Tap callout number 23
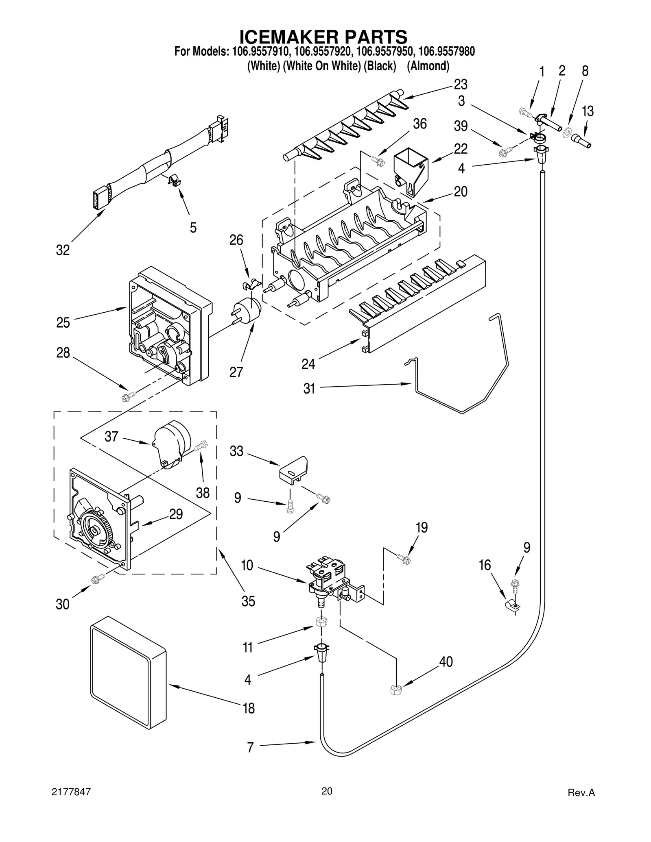click(461, 85)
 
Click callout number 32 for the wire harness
click(63, 250)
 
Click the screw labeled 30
click(98, 579)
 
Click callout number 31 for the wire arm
click(309, 388)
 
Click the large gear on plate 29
click(95, 531)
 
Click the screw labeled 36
click(378, 161)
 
